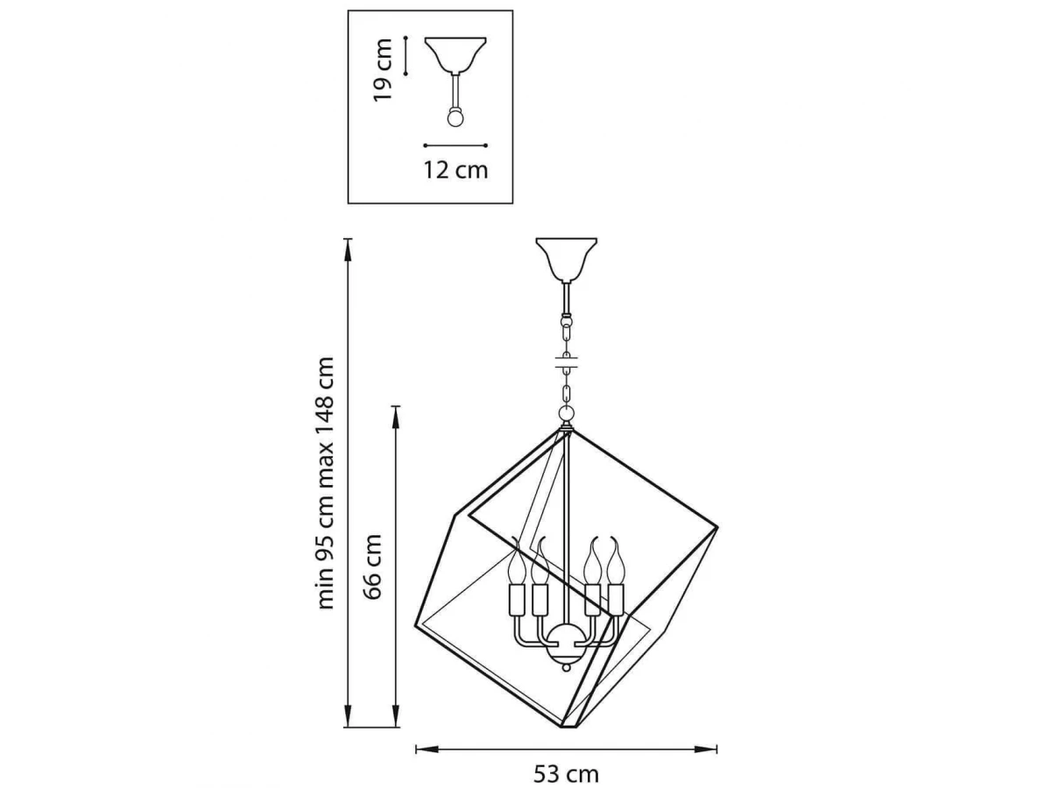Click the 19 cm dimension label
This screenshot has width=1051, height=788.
click(383, 70)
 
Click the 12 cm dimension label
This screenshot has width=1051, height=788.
click(455, 171)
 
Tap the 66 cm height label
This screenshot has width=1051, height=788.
click(372, 566)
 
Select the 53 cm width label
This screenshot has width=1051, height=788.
click(566, 774)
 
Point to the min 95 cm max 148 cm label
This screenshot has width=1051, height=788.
click(326, 482)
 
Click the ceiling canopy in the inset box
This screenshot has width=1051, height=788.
click(455, 55)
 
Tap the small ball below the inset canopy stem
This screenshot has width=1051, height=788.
click(455, 118)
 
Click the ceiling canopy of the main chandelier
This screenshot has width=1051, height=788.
click(567, 259)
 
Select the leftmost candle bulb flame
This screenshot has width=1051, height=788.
click(516, 562)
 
